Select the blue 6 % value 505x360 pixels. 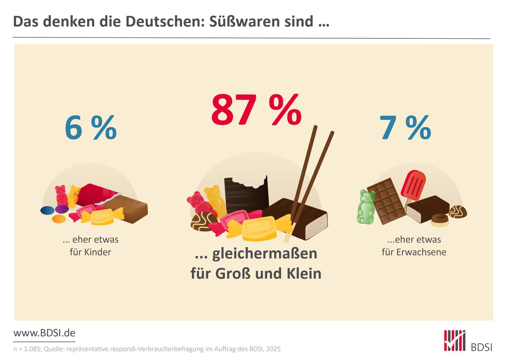click(x=90, y=128)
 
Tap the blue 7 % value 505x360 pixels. click(x=405, y=128)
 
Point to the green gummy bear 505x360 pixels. click(x=366, y=206)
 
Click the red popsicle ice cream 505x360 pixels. click(x=413, y=185)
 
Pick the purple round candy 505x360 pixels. click(x=61, y=209)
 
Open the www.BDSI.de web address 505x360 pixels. click(x=44, y=333)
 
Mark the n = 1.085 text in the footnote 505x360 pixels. click(x=27, y=349)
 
